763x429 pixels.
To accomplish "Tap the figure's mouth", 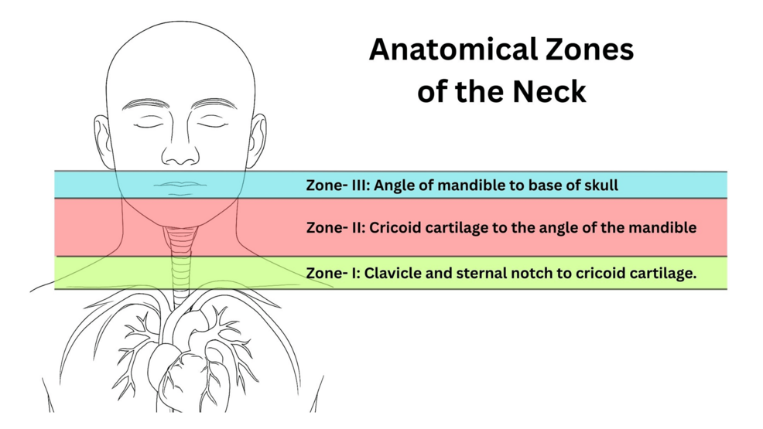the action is tap(180, 187).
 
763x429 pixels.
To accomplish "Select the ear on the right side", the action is tap(258, 141).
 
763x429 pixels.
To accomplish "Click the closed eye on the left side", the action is tap(149, 124).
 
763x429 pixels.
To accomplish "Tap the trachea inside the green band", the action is tap(180, 273).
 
